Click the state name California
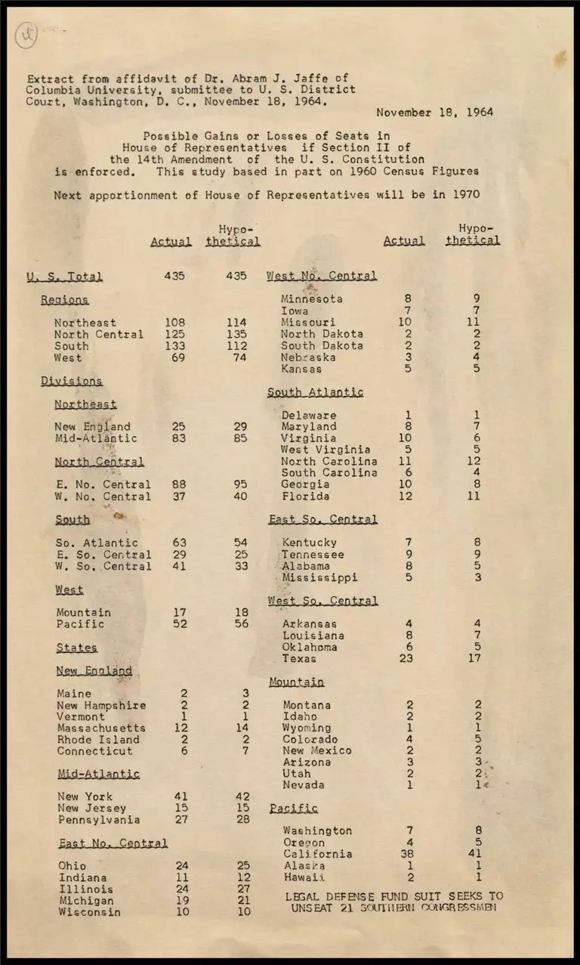[317, 854]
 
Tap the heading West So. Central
[322, 601]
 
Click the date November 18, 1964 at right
[434, 113]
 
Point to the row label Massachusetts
[101, 728]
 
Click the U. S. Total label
[64, 277]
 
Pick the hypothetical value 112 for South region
[236, 346]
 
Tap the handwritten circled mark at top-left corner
[26, 35]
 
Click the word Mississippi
[319, 577]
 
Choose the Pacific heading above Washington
[294, 809]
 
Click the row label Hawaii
[304, 877]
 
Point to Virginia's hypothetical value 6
[477, 438]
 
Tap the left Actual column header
[171, 242]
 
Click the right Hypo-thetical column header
[474, 234]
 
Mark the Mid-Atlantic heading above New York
[99, 774]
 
